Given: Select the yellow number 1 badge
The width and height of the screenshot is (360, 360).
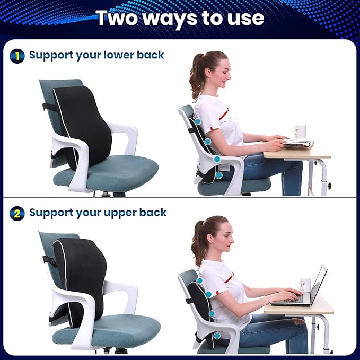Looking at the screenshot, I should pos(17,56).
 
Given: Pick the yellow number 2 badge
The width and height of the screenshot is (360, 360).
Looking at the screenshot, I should pos(17,214).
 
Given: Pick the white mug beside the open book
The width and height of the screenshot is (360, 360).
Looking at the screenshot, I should pos(300,131).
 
